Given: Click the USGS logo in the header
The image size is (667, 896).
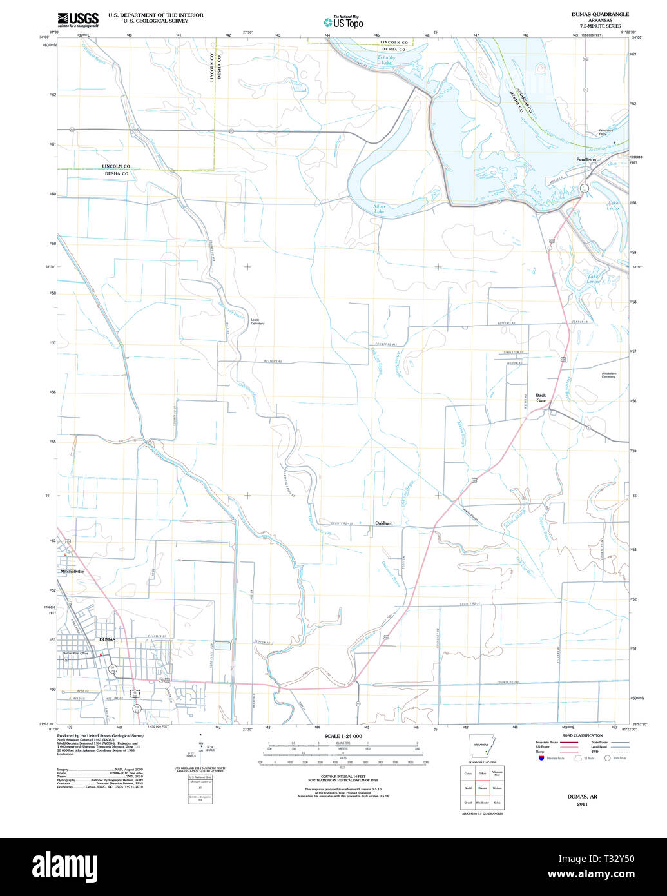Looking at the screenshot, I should tap(78, 19).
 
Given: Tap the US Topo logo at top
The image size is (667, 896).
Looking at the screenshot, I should tap(343, 22).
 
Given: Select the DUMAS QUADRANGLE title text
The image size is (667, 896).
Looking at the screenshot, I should tap(591, 14).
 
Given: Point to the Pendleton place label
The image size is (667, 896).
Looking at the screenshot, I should tap(586, 159).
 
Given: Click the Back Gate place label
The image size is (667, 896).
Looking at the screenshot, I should tap(541, 398).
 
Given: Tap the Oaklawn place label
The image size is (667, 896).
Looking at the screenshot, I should tap(384, 523).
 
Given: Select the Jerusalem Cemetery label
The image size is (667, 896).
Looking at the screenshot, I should tap(608, 375).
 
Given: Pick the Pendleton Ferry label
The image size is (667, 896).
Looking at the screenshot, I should tap(606, 131).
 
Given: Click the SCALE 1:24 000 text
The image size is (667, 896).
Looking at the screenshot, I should tap(343, 736).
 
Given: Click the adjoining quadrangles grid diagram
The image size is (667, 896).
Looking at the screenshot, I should tap(482, 787).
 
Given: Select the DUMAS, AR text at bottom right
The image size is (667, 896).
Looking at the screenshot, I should tap(582, 797).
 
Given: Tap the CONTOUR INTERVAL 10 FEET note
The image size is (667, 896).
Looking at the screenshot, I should tap(343, 777).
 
